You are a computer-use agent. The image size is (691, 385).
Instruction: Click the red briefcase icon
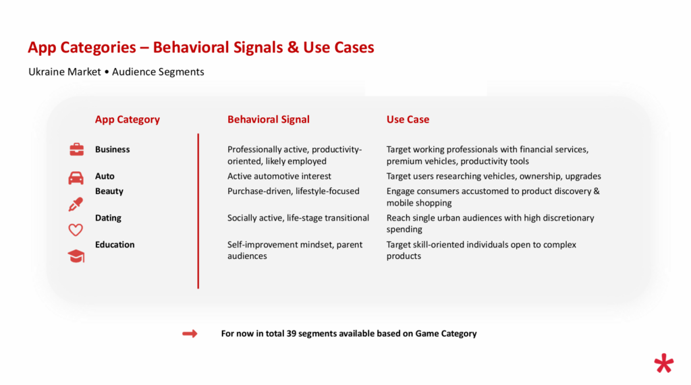[76, 149]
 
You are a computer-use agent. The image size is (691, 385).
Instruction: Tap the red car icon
[76, 177]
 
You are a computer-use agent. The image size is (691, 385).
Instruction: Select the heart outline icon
[76, 229]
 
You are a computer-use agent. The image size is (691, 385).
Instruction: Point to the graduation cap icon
[76, 256]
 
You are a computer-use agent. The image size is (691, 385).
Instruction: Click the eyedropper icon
[76, 204]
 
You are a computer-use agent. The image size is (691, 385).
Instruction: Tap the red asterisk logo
[664, 363]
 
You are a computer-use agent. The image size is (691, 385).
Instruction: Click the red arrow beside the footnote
[190, 334]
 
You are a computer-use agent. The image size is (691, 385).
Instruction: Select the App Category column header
[128, 119]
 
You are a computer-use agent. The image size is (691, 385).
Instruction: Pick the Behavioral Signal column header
[269, 119]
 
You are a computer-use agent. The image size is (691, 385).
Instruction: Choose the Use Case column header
[408, 119]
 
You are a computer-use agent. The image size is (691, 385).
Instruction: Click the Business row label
[113, 149]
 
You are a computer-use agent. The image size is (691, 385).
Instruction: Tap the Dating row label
[108, 218]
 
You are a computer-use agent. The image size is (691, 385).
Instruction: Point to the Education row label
[115, 245]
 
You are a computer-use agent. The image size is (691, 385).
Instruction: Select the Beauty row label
[109, 191]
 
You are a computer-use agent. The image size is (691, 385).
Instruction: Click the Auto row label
[105, 176]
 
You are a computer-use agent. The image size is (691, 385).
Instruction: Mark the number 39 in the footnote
[292, 334]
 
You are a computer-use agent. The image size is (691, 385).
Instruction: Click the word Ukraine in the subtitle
[47, 71]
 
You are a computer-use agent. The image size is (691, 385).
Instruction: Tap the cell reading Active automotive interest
[279, 176]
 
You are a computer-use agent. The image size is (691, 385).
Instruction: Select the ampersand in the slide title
[293, 48]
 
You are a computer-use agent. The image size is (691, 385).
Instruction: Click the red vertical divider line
[198, 211]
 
